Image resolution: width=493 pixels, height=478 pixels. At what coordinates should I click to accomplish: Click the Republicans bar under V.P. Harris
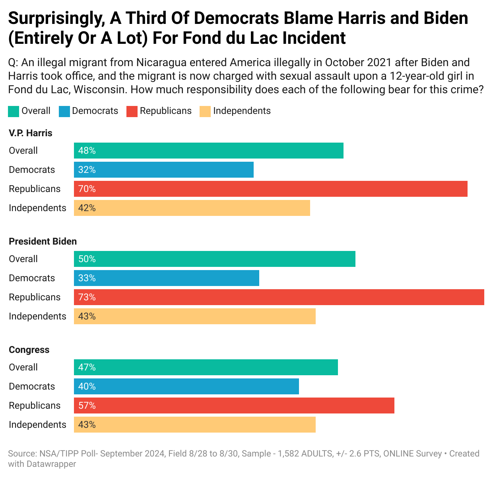[270, 189]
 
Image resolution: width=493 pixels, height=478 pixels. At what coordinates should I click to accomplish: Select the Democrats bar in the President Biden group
[166, 278]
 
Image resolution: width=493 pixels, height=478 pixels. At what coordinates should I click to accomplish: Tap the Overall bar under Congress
[206, 367]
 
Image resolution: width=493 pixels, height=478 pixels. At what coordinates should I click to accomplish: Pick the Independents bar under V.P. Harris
[192, 208]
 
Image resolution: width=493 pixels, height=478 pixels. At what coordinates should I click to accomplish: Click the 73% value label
[87, 297]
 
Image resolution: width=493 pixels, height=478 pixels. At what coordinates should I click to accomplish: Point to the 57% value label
[87, 406]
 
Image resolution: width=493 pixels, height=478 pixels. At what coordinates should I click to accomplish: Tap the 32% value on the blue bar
[87, 170]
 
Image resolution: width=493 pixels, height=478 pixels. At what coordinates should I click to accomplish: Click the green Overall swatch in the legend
[13, 111]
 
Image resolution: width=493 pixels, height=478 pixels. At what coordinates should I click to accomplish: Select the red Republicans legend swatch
[132, 111]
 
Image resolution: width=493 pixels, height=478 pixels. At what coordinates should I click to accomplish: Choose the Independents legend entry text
[242, 111]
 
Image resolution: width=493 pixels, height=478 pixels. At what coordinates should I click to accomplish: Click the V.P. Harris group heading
[31, 133]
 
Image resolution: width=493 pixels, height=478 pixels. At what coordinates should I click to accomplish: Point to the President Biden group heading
[43, 241]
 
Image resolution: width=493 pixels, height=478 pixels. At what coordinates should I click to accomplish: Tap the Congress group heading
[29, 350]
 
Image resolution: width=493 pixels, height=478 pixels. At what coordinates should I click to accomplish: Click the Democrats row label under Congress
[32, 386]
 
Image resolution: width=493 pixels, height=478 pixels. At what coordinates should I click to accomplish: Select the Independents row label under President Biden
[37, 316]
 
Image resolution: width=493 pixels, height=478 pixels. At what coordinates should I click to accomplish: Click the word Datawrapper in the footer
[51, 464]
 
